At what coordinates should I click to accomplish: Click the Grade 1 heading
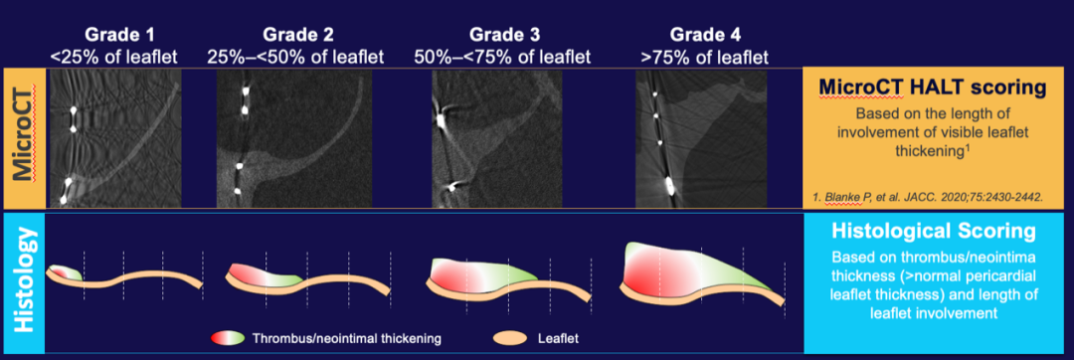click(113, 34)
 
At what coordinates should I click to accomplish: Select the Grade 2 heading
click(295, 34)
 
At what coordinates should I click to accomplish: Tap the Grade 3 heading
click(501, 34)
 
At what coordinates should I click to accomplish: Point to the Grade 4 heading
click(704, 34)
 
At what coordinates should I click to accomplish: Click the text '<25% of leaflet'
click(113, 57)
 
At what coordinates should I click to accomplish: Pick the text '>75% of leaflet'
click(704, 57)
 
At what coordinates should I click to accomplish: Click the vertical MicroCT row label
click(24, 138)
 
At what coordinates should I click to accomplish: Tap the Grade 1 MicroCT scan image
click(113, 138)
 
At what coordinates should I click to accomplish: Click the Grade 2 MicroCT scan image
click(294, 138)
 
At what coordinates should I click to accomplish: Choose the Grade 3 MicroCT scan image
click(496, 138)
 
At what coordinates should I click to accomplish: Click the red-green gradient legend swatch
click(228, 338)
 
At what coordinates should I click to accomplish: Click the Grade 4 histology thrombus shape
click(692, 269)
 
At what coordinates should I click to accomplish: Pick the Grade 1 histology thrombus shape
click(66, 272)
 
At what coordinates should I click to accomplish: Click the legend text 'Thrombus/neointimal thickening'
click(347, 338)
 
